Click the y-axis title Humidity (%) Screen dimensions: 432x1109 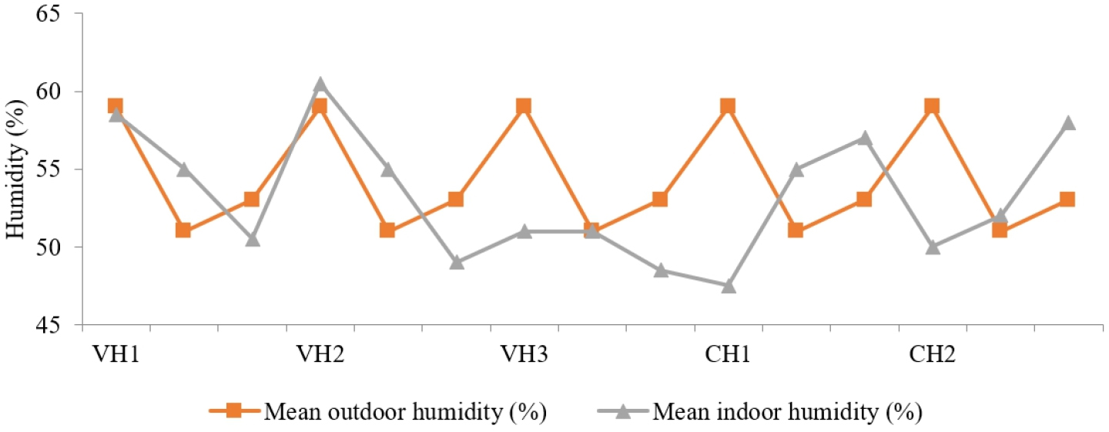15,169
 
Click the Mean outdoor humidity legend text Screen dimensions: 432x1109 405,412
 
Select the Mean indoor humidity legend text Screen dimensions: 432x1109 787,412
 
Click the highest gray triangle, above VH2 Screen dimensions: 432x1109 320,84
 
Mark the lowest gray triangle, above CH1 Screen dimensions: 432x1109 729,286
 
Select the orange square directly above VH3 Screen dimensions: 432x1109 524,106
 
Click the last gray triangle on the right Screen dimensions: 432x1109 1068,123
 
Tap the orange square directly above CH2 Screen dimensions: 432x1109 932,106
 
